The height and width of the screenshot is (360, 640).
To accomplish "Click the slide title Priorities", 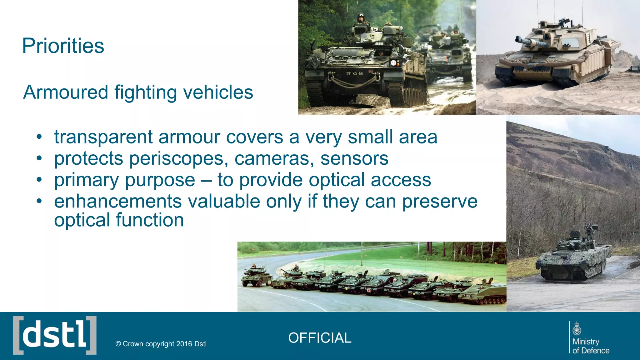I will [63, 46].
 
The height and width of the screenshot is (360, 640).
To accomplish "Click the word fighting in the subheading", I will [146, 92].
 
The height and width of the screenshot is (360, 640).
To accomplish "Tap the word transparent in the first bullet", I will [103, 137].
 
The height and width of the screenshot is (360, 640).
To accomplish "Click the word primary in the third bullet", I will [86, 180].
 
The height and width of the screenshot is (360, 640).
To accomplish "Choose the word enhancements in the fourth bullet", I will [118, 201].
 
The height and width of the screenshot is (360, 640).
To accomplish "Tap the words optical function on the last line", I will [119, 220].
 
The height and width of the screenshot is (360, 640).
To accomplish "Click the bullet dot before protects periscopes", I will [39, 158].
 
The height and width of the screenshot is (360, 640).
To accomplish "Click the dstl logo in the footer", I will [55, 335].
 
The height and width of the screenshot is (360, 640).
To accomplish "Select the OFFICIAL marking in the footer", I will [320, 338].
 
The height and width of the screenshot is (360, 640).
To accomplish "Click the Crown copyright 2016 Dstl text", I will [161, 344].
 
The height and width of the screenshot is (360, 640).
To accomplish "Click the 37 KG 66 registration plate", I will [354, 73].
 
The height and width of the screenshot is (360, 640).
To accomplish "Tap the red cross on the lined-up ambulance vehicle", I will [369, 290].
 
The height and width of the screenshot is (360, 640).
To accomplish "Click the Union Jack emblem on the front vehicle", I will [371, 72].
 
